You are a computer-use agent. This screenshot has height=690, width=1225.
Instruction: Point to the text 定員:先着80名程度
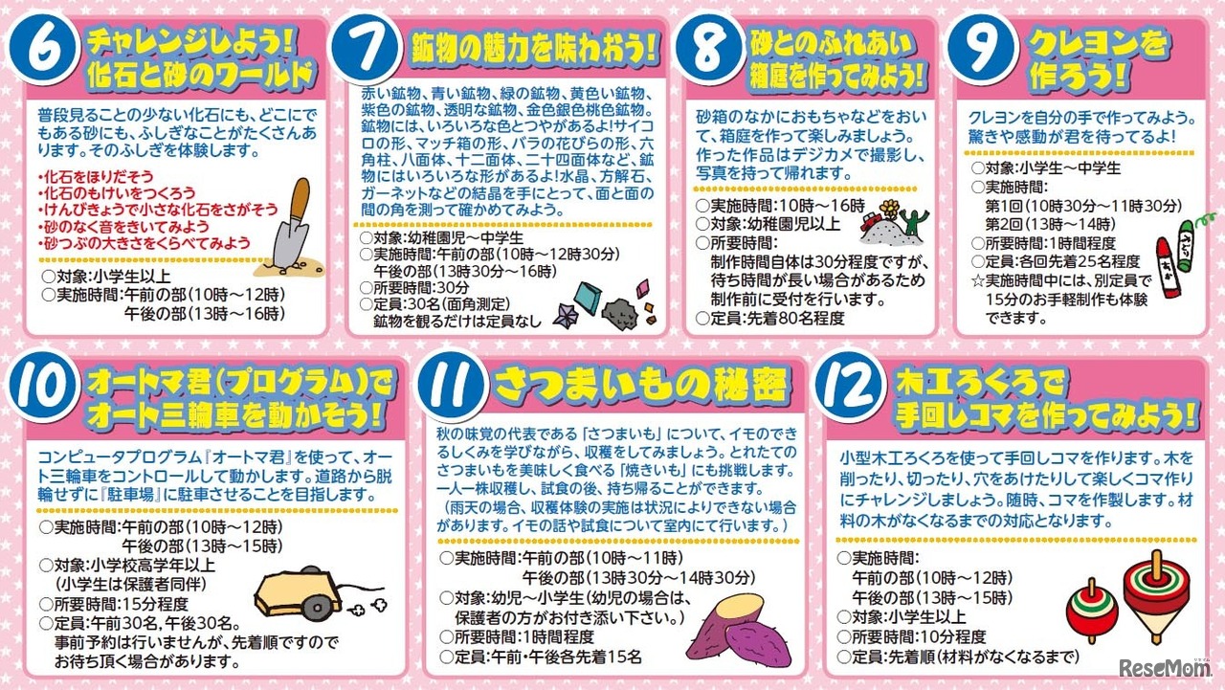[x=777, y=318]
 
